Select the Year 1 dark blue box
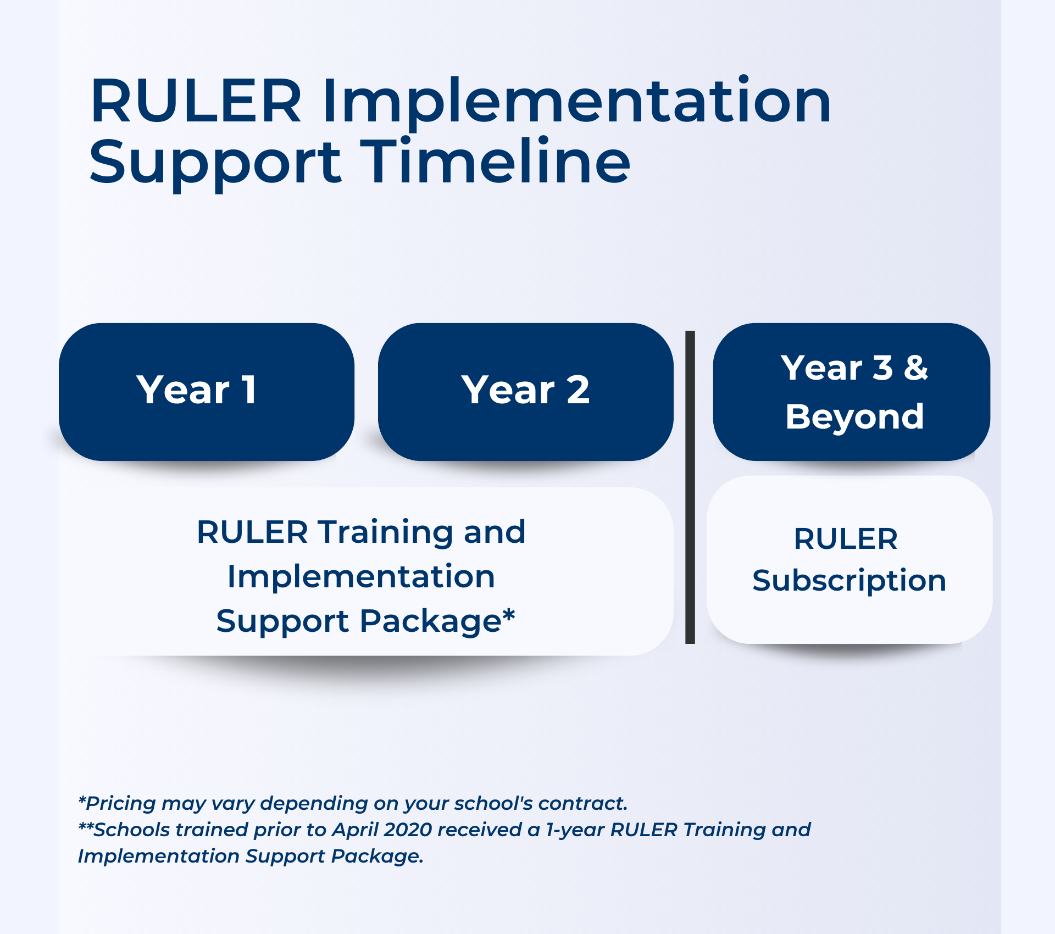point(206,391)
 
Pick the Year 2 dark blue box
point(525,391)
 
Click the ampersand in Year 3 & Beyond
point(916,368)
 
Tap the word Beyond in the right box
point(854,416)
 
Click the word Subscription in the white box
point(849,581)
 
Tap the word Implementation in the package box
point(361,577)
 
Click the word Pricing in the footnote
point(121,804)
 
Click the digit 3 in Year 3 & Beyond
point(882,368)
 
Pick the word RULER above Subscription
point(846,539)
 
